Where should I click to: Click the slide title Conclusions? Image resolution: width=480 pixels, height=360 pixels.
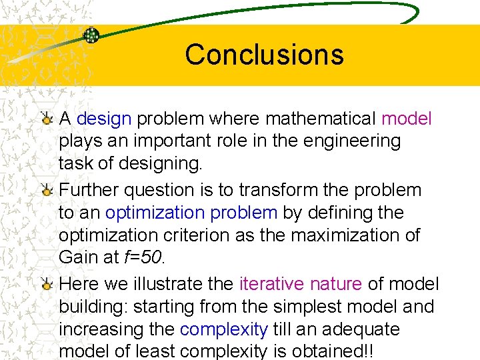click(264, 55)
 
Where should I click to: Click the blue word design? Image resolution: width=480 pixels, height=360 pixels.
click(104, 119)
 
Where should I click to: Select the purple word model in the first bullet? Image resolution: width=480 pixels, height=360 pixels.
click(407, 119)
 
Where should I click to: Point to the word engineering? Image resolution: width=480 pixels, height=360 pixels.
click(354, 141)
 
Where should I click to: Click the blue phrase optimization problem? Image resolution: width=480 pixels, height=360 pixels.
click(191, 213)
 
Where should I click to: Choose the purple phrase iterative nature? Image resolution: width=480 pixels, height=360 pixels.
click(301, 285)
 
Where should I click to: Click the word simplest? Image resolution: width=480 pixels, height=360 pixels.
click(303, 307)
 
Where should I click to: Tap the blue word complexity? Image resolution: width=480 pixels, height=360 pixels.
click(223, 330)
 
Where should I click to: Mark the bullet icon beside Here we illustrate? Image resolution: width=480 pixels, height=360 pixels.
click(47, 285)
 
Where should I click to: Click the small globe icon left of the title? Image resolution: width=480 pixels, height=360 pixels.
click(91, 35)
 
